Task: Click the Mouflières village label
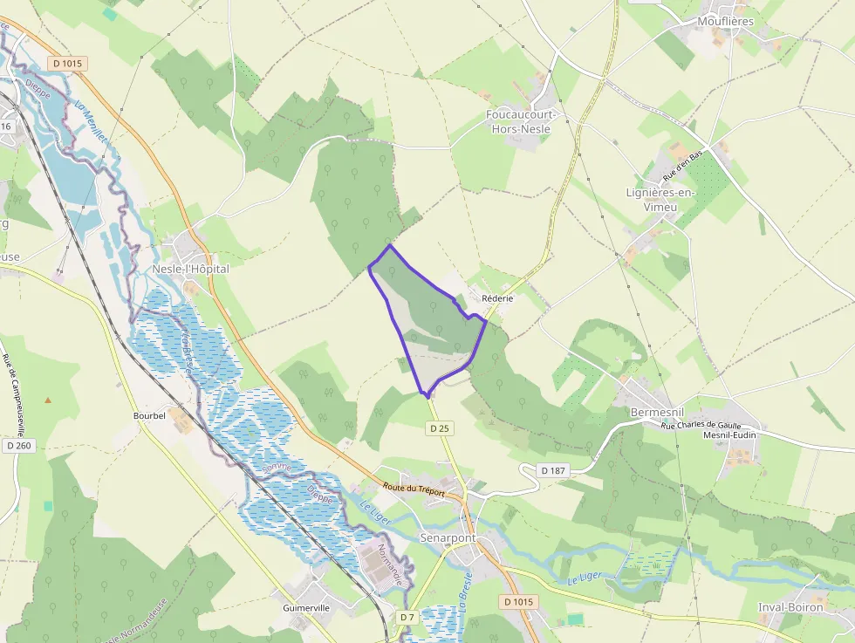pyautogui.click(x=725, y=21)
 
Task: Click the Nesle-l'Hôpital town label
pyautogui.click(x=190, y=269)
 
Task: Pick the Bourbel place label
pyautogui.click(x=149, y=415)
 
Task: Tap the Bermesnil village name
pyautogui.click(x=654, y=411)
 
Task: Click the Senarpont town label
pyautogui.click(x=448, y=537)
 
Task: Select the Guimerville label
pyautogui.click(x=306, y=607)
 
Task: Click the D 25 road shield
pyautogui.click(x=439, y=428)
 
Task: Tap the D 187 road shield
pyautogui.click(x=552, y=470)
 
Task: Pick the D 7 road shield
pyautogui.click(x=407, y=617)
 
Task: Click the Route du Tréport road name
pyautogui.click(x=414, y=491)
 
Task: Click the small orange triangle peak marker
pyautogui.click(x=48, y=400)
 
